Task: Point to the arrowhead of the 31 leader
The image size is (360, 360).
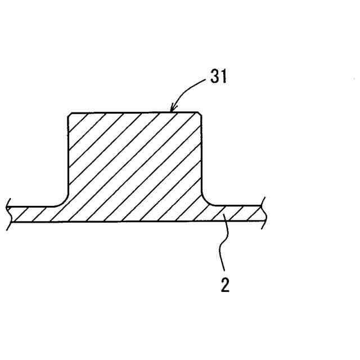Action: click(173, 109)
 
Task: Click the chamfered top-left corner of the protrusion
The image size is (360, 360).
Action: click(69, 115)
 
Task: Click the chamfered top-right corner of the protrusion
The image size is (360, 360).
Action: click(199, 115)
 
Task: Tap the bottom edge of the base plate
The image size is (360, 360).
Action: click(135, 221)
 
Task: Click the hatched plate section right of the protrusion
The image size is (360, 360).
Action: click(236, 213)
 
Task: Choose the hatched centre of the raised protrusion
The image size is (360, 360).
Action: click(134, 163)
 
